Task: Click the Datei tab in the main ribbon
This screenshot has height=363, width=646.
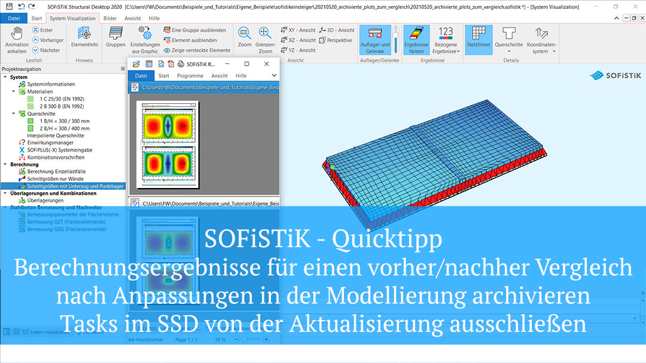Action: [13, 18]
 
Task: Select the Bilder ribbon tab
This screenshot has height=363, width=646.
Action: [110, 18]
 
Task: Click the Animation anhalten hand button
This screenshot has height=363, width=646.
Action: [17, 39]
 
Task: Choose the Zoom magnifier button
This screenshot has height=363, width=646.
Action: [245, 37]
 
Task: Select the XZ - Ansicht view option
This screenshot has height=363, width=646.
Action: [298, 40]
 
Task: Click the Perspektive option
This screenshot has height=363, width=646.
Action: [336, 40]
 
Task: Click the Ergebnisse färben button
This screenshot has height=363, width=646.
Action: [416, 39]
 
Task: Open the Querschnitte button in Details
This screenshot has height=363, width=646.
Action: [509, 39]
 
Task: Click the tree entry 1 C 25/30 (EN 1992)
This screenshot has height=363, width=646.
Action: [62, 99]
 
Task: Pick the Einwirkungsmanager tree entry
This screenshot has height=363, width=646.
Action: [50, 143]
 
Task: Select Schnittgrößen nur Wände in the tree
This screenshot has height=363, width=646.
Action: [55, 179]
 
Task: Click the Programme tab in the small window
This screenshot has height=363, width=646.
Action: [190, 76]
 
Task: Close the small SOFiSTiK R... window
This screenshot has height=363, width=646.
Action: [266, 64]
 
